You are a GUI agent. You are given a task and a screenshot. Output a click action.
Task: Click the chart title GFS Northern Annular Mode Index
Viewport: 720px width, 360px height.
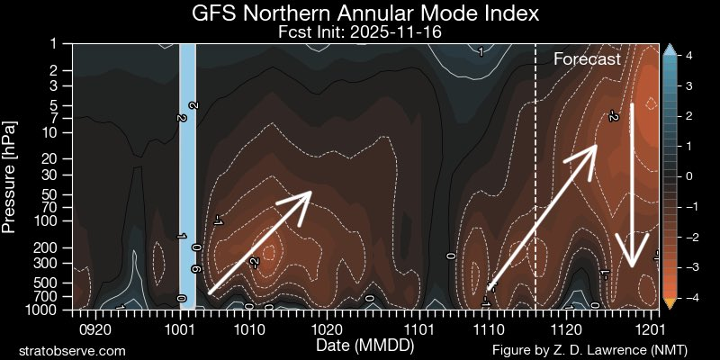click(x=366, y=14)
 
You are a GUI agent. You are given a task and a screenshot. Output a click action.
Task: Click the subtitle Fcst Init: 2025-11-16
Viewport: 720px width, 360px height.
click(x=366, y=31)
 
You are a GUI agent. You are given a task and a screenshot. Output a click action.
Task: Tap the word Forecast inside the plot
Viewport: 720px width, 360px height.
click(x=587, y=59)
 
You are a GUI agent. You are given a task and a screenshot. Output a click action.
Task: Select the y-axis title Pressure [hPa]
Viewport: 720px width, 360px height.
click(x=10, y=176)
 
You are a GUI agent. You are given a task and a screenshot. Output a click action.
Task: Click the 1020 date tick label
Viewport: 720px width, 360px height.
click(x=326, y=329)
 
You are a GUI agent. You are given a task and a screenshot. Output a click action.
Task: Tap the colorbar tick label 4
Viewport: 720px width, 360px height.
click(x=688, y=55)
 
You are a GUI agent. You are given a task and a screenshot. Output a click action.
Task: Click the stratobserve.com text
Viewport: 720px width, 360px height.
click(x=72, y=349)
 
